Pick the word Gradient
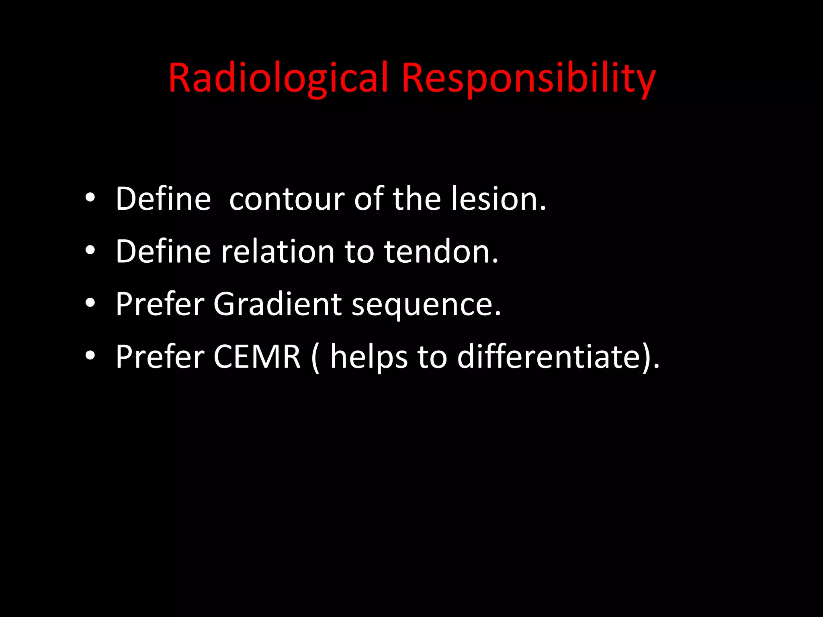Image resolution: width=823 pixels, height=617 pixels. (277, 304)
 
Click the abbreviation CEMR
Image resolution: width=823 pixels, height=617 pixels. (257, 357)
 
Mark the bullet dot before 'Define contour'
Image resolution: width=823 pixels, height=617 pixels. (90, 198)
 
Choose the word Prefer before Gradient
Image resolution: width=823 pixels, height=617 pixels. (160, 304)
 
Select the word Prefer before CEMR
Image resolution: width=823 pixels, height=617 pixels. (160, 357)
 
